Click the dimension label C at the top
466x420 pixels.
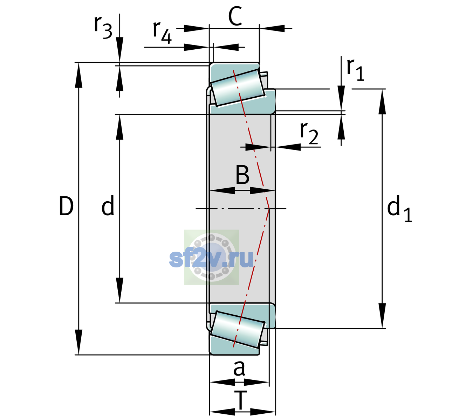235,16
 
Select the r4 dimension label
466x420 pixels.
162,32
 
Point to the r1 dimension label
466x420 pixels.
355,70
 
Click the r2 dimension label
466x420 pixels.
309,133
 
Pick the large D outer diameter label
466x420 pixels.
66,206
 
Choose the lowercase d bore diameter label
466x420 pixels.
108,205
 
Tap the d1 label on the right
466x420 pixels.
399,208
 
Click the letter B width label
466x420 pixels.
242,175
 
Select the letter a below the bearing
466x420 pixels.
239,369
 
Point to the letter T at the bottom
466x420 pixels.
240,400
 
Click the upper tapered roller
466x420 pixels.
238,88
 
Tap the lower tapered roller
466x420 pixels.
238,330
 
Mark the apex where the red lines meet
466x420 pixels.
269,209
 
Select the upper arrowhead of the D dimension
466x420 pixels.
78,75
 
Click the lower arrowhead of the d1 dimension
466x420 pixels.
382,316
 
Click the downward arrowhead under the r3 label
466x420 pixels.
119,50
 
